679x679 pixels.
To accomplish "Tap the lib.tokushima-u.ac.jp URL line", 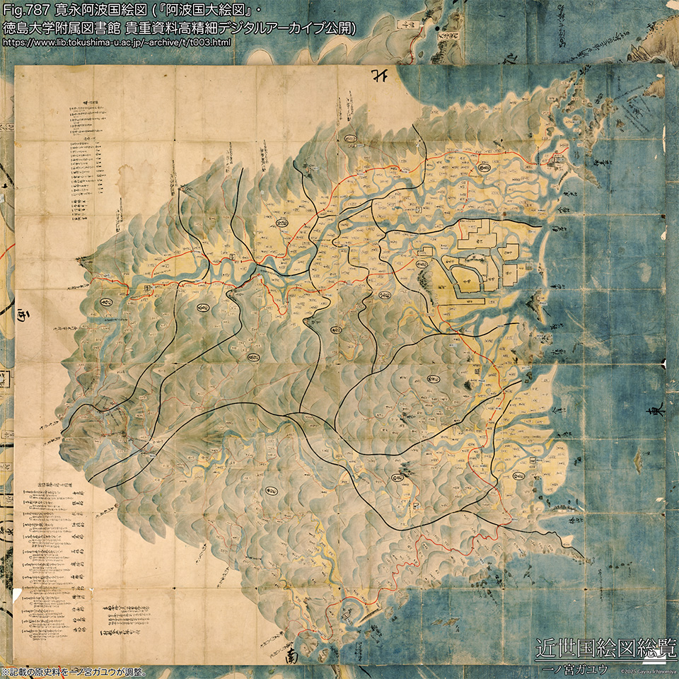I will click(x=117, y=43).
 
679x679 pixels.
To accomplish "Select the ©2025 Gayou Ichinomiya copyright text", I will click(x=648, y=670).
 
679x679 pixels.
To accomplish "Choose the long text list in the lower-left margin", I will click(x=53, y=538).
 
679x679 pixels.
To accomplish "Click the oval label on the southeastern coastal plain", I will click(x=518, y=475).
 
